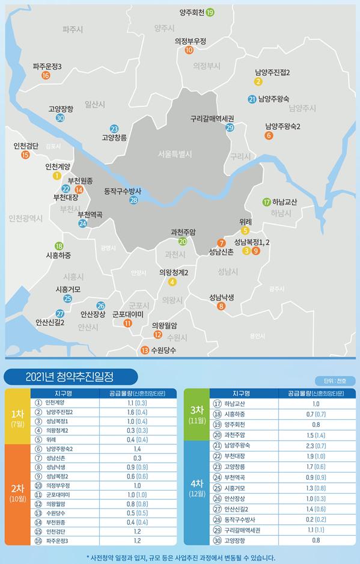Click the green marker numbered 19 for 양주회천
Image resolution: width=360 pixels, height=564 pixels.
210,12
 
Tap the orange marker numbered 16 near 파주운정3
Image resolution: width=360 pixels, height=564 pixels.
46,76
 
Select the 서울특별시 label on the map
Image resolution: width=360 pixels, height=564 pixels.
171,154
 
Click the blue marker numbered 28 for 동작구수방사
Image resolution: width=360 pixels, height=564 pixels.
133,200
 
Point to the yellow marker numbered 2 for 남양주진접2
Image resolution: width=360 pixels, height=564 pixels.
258,82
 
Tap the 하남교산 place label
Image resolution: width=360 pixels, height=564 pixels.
285,202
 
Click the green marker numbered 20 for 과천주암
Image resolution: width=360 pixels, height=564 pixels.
183,242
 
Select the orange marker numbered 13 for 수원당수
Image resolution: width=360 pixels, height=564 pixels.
144,351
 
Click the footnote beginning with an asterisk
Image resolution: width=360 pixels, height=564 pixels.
180,557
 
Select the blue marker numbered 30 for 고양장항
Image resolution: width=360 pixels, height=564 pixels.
60,118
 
